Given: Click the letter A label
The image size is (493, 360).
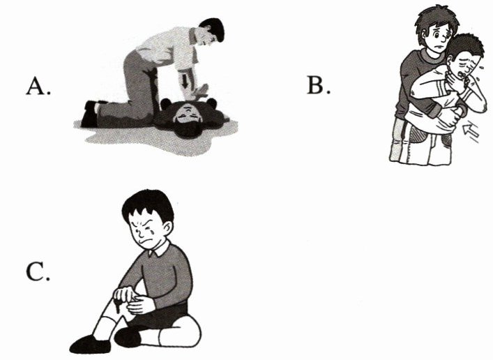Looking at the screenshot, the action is [x=38, y=86].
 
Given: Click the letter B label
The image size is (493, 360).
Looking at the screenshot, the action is [x=319, y=85].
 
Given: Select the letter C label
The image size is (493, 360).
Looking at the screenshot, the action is [x=38, y=271].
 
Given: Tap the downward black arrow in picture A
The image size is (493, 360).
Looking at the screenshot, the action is [x=185, y=81].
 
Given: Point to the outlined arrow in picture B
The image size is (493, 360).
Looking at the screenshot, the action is [x=471, y=130].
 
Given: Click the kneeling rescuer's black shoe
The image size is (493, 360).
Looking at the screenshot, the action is [x=90, y=113].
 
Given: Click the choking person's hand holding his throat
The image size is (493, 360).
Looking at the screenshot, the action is [x=460, y=80].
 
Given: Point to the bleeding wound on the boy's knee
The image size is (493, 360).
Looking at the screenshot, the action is [x=118, y=306].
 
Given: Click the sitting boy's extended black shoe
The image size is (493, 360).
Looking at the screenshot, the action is [x=90, y=344].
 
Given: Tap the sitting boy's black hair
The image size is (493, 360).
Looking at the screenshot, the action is [x=148, y=204].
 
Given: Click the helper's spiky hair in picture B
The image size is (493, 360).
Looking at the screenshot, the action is [x=437, y=18].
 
